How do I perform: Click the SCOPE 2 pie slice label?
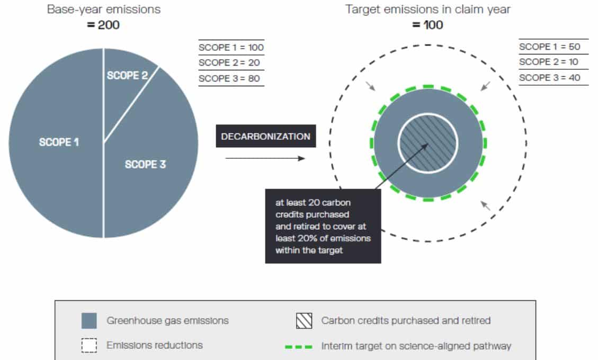tap(127, 76)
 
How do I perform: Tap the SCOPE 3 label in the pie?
tap(145, 164)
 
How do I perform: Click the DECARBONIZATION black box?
tap(266, 136)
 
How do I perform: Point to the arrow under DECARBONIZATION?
tap(265, 158)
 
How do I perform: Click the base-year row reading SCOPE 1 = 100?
tap(231, 48)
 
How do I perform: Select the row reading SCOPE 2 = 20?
tap(229, 63)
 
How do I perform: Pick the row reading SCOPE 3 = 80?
tap(229, 78)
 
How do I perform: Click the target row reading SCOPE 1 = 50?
tap(550, 47)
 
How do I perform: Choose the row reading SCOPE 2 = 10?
tap(548, 62)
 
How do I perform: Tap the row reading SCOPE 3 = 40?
tap(550, 78)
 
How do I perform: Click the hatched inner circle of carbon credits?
tap(428, 143)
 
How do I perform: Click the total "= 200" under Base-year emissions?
tap(103, 25)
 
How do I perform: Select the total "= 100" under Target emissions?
tap(427, 25)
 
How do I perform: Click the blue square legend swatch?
tap(89, 321)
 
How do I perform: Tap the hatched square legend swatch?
tap(304, 321)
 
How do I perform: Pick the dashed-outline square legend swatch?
tap(89, 346)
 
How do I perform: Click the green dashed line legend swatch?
tap(299, 347)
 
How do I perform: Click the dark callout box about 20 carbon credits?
tap(323, 226)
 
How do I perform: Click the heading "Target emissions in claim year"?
tap(427, 9)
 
